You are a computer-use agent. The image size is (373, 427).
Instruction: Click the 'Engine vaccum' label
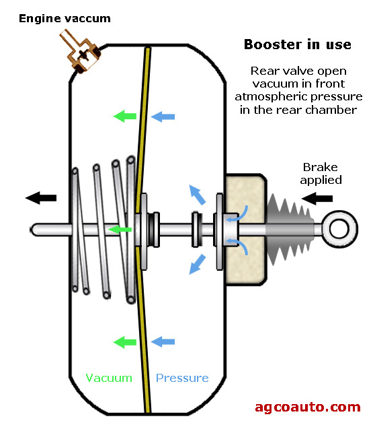coord(65,19)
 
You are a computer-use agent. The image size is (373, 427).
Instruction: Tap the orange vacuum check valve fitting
coord(80,53)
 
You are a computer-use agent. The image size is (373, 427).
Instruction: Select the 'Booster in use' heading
coord(298,44)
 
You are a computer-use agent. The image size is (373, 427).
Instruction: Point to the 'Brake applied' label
coord(321,174)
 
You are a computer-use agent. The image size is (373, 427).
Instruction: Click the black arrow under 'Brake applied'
coord(317,198)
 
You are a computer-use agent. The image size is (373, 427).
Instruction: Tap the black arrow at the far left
coord(41,198)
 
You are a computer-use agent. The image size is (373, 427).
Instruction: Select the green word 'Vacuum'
coord(109,378)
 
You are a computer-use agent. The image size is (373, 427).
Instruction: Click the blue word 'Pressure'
coord(182,378)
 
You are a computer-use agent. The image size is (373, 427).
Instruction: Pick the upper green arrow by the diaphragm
coord(125,117)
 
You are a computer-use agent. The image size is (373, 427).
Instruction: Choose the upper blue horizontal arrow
coord(163,117)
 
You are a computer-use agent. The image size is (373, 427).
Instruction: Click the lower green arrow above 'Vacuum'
coord(125,342)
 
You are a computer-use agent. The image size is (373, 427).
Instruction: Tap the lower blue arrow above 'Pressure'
coord(163,341)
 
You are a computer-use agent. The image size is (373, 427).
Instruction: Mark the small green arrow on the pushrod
coord(120,229)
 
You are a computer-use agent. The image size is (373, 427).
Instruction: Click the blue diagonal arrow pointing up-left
coord(197,195)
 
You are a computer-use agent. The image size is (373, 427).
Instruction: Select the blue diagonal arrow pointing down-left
coord(197,264)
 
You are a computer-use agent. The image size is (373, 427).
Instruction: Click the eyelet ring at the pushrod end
coord(339,229)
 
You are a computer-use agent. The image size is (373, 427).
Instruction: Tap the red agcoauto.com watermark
coord(308,407)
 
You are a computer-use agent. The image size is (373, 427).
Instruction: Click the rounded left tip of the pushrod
coord(32,230)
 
